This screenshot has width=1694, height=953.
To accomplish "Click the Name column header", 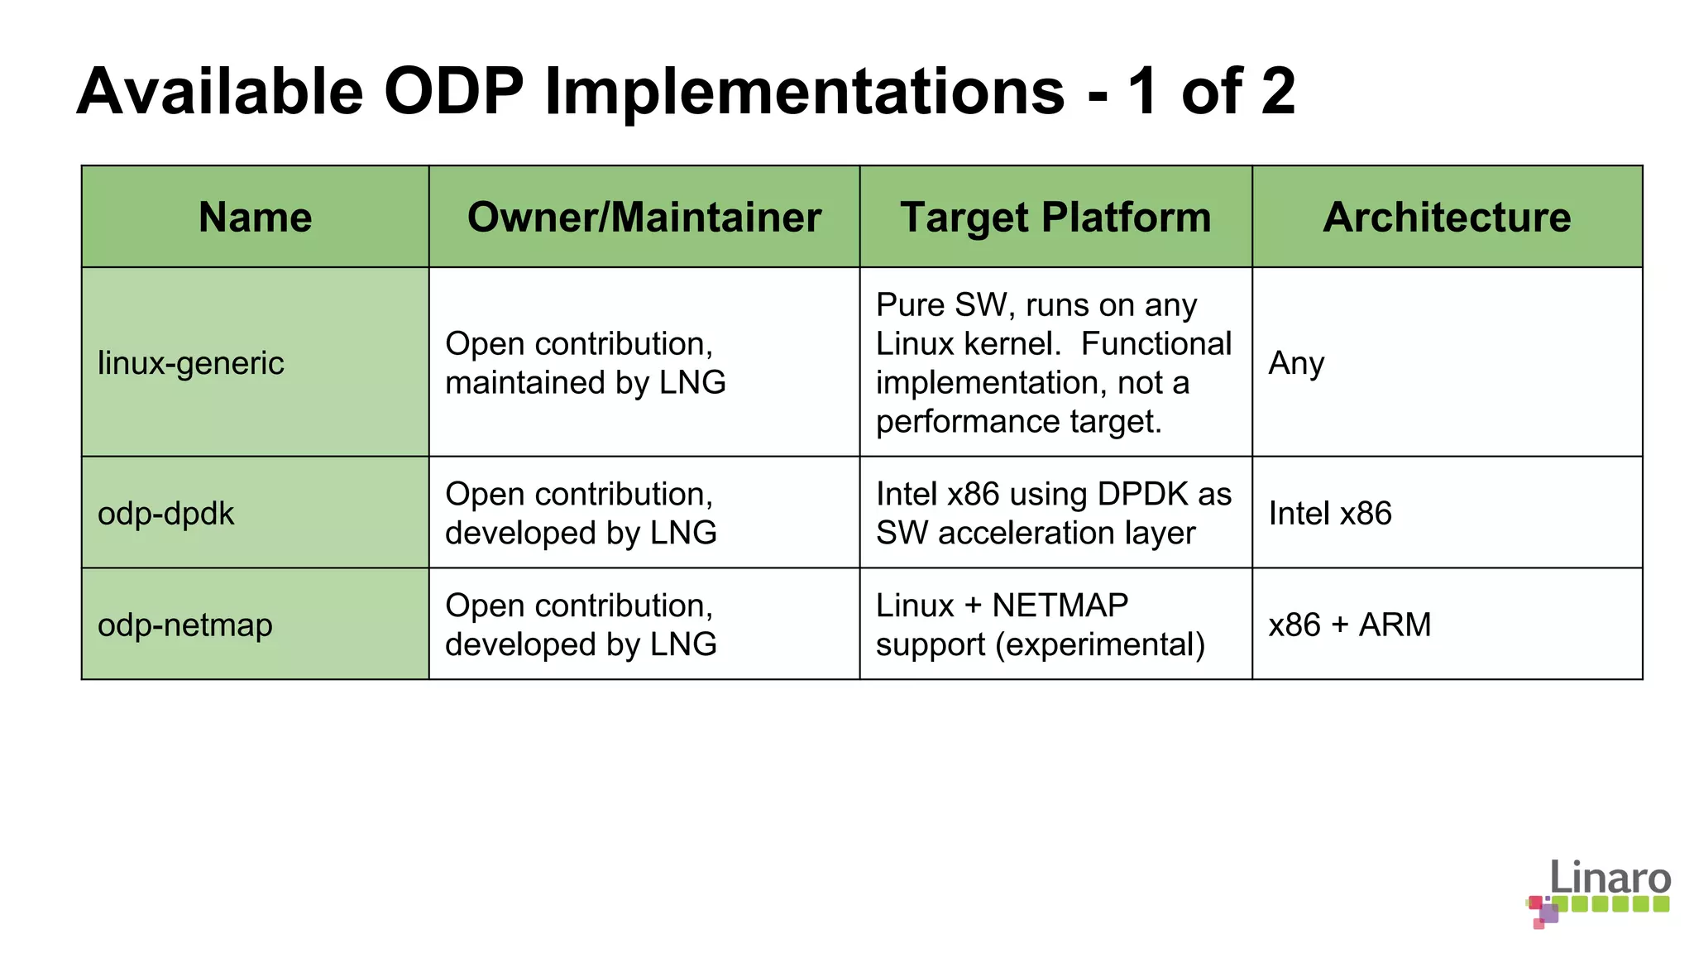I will tap(255, 218).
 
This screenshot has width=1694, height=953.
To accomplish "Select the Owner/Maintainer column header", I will tap(644, 218).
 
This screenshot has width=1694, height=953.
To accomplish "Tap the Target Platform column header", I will tap(1055, 218).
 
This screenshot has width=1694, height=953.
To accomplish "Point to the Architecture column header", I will tap(1447, 218).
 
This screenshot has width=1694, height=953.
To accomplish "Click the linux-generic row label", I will tap(191, 363).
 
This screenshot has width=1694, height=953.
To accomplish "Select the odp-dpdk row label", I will tap(166, 514).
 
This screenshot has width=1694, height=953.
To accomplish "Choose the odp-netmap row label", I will tap(185, 625).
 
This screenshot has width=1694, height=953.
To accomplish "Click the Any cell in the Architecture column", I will tap(1296, 363).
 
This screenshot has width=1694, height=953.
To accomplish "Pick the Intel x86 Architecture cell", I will tap(1330, 514).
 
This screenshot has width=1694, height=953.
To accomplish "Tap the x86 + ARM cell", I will tap(1349, 625).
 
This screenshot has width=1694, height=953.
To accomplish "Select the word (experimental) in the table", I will tap(1100, 644).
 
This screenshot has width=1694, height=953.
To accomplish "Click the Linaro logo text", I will tap(1610, 877).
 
